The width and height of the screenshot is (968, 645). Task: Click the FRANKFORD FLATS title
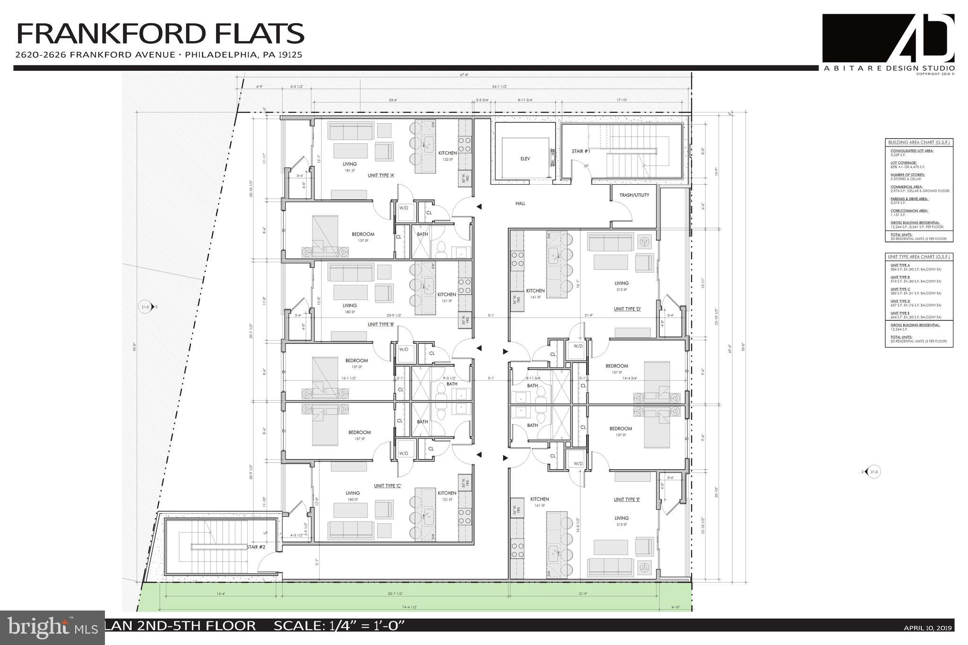point(160,34)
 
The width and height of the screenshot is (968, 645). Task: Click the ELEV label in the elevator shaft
point(525,159)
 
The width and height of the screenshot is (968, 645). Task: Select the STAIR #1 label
point(581,152)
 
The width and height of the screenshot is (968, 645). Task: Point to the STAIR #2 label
point(256,547)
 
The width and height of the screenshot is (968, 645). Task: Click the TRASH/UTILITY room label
point(634,195)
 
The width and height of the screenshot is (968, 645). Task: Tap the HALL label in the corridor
point(520,204)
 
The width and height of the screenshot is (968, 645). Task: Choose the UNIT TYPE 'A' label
point(381,175)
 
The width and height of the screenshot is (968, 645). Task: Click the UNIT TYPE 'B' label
point(381,325)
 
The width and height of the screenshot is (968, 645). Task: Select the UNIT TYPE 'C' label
point(388,486)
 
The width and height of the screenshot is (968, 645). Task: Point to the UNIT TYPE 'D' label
point(627,309)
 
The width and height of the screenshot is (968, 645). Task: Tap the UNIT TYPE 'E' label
point(627,499)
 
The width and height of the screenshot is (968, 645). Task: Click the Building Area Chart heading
point(919,142)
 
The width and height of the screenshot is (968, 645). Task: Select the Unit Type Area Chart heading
point(919,257)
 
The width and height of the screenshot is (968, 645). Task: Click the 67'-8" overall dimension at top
point(467,75)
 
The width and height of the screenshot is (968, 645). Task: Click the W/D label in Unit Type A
point(404,207)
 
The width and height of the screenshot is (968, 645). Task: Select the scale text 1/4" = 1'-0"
point(339,626)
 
